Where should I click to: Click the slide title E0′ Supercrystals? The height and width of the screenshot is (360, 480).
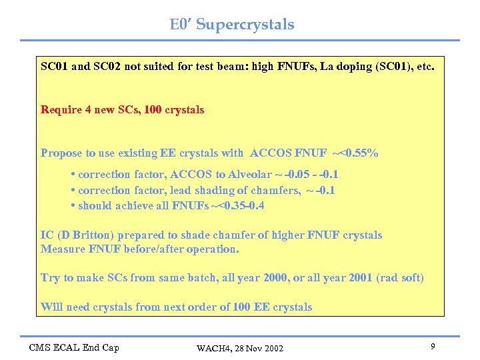(x=231, y=25)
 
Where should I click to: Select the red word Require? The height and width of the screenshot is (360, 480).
(x=61, y=110)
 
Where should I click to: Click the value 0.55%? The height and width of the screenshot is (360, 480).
(x=360, y=153)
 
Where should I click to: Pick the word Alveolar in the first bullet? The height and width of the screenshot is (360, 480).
(x=250, y=175)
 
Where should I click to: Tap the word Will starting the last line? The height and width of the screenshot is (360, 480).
(x=51, y=307)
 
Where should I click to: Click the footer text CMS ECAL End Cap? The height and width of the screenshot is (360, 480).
(x=73, y=347)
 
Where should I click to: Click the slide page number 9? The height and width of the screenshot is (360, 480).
(x=433, y=347)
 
